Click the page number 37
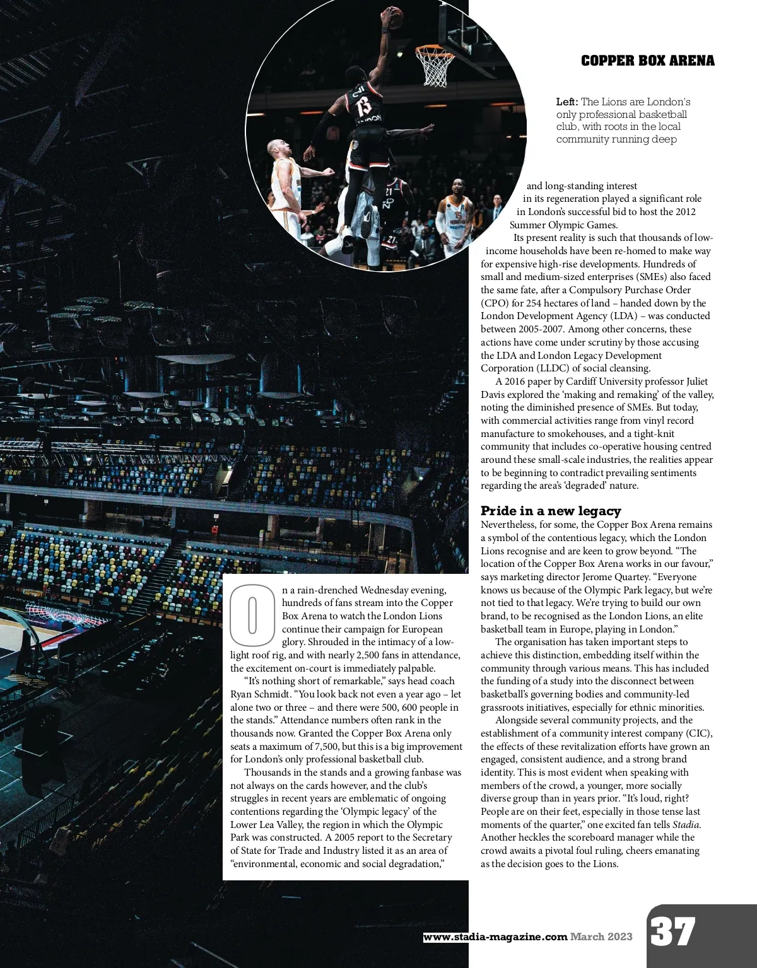click(x=673, y=932)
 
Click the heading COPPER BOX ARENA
click(x=647, y=61)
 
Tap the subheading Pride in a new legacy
click(x=551, y=511)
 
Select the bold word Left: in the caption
click(x=567, y=102)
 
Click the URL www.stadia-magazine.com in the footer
click(x=495, y=936)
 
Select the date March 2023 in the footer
click(x=601, y=936)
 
